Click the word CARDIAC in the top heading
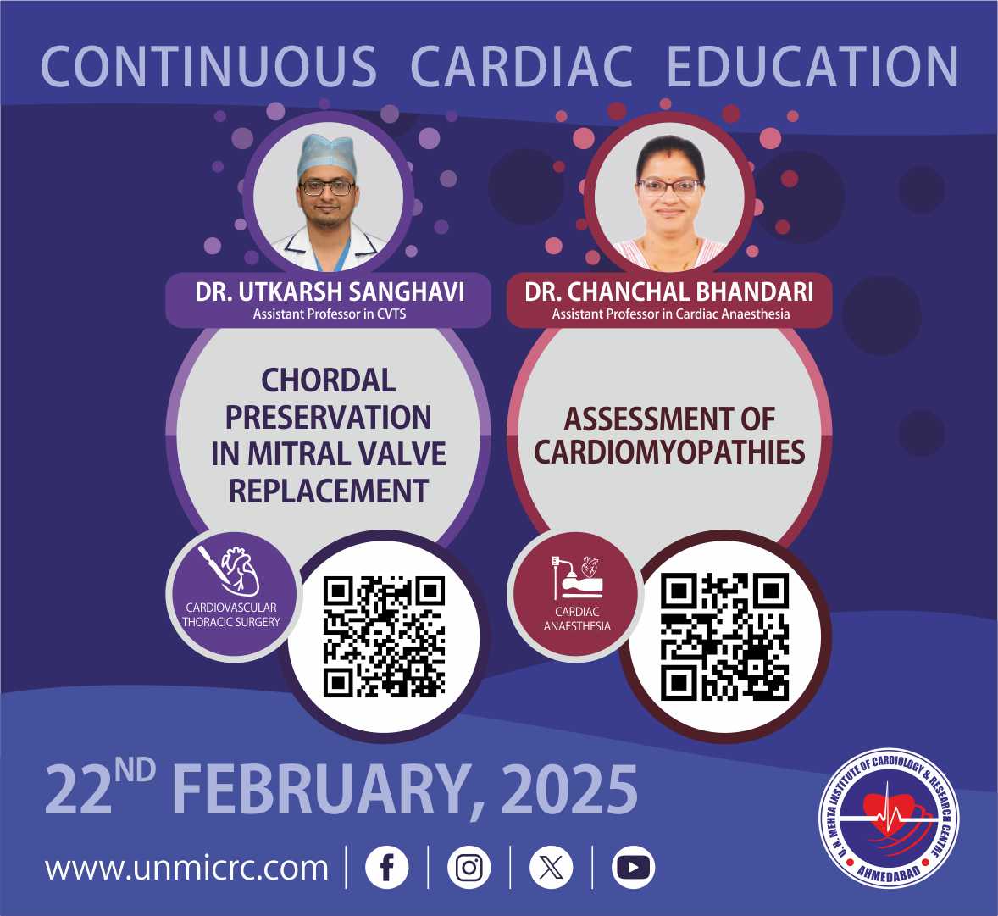522,66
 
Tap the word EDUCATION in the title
812,66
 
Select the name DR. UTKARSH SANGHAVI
329,291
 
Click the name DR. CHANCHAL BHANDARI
669,291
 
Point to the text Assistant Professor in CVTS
329,314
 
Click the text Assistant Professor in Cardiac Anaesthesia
671,314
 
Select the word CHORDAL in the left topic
329,380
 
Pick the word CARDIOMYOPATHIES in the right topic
669,452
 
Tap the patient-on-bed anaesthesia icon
577,577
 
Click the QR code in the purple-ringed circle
384,636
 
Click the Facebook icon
387,867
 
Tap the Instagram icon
469,867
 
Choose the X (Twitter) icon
552,867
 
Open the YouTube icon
634,867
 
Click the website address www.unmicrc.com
186,869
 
